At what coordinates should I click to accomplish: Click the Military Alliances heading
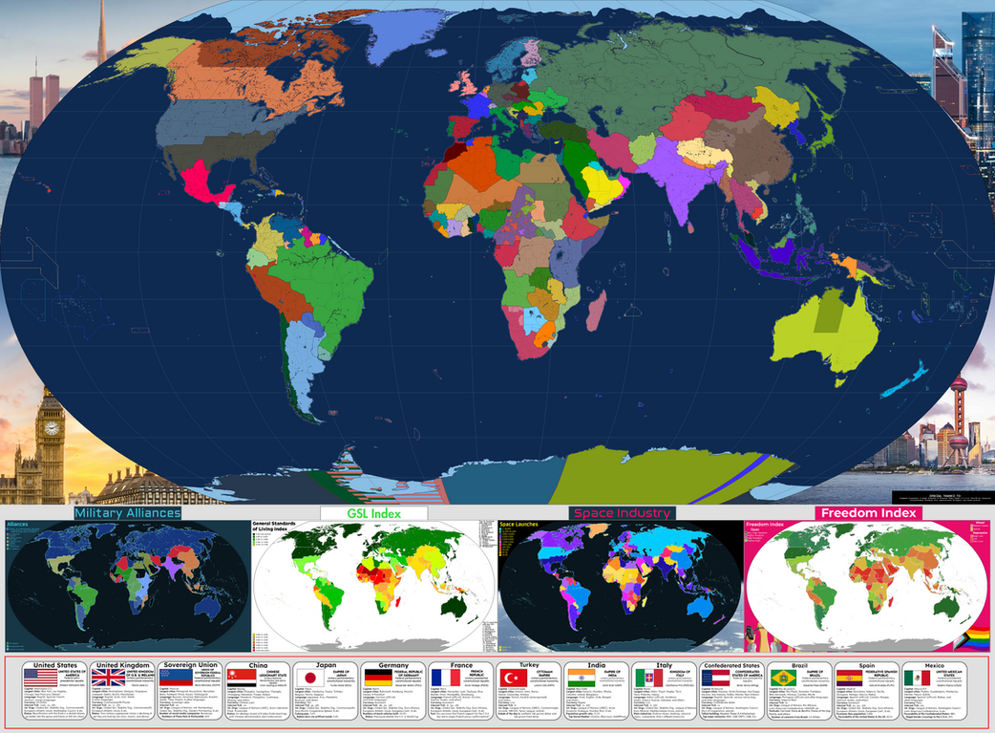tap(127, 513)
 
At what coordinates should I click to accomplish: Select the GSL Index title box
tap(373, 513)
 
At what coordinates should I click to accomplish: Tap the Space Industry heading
tap(622, 513)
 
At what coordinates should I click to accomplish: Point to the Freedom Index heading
tap(867, 513)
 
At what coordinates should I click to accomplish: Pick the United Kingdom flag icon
tap(107, 677)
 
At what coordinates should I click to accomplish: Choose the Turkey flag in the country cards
tap(509, 677)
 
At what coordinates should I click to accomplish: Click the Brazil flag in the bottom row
tap(783, 677)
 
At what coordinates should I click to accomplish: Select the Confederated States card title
tap(730, 665)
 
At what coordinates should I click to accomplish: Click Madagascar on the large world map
tap(594, 311)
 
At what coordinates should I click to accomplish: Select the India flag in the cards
tap(579, 677)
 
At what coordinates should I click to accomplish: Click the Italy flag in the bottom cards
tap(646, 677)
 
